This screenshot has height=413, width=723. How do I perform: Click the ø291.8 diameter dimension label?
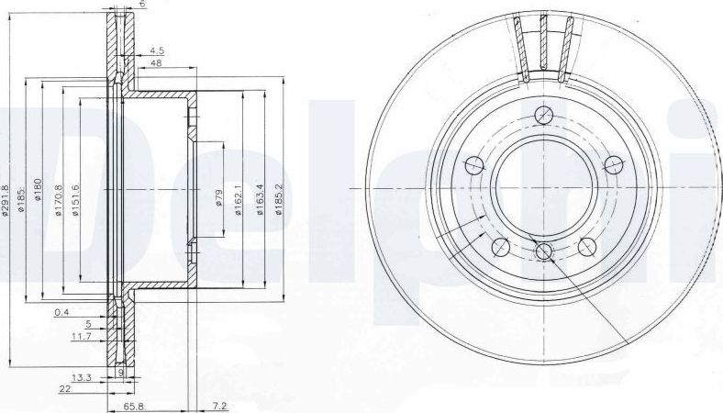(7, 199)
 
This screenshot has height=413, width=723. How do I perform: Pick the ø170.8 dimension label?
(60, 199)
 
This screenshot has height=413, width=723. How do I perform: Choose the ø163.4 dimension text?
(259, 199)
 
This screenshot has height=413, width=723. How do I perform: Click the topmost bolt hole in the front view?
(543, 115)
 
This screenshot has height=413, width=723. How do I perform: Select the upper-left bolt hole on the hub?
(474, 165)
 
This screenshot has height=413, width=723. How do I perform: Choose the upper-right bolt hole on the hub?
(612, 165)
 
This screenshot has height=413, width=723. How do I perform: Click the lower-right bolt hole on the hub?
(586, 247)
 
